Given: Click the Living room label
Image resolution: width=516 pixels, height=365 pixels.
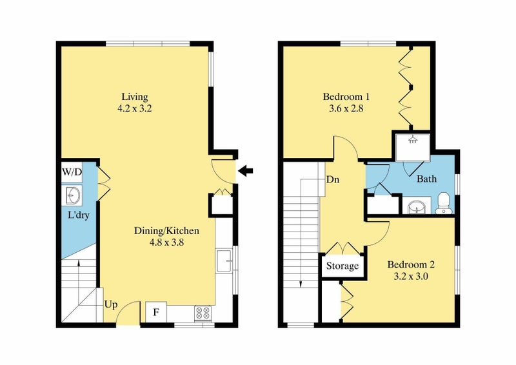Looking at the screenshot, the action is (135, 97).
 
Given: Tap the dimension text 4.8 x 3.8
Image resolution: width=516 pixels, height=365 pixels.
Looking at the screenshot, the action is (166, 242).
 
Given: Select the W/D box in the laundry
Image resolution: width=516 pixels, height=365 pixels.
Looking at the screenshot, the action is (72, 172).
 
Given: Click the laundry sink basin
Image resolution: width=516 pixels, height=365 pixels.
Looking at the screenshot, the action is (72, 195).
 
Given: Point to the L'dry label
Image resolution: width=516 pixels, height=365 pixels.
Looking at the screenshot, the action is (79, 215).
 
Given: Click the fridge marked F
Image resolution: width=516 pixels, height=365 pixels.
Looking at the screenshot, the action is (156, 311).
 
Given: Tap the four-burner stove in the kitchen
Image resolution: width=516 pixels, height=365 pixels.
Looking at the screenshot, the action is (203, 313).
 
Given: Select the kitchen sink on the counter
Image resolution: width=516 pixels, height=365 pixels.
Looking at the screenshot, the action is (224, 261).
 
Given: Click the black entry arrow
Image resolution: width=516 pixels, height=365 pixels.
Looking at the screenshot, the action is (245, 171).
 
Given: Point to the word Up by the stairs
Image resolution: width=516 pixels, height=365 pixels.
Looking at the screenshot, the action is (111, 305).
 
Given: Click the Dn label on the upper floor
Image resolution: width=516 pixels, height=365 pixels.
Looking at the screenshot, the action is (333, 180).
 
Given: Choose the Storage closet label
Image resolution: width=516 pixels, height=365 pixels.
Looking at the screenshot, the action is (342, 266).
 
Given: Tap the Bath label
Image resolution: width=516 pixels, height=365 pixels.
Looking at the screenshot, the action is (427, 179).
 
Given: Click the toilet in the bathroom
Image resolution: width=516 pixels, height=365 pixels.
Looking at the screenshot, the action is (444, 203).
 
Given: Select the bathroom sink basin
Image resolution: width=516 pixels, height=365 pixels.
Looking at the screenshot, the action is (417, 208).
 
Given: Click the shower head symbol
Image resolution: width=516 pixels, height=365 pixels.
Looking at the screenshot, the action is (412, 140).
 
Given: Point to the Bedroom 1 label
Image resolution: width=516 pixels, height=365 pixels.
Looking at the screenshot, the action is (346, 97).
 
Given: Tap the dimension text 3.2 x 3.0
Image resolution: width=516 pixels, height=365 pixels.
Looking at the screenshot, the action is (411, 276).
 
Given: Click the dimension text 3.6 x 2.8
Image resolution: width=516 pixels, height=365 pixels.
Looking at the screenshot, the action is (346, 108).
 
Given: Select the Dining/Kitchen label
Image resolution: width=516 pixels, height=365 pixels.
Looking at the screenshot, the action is (166, 231).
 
